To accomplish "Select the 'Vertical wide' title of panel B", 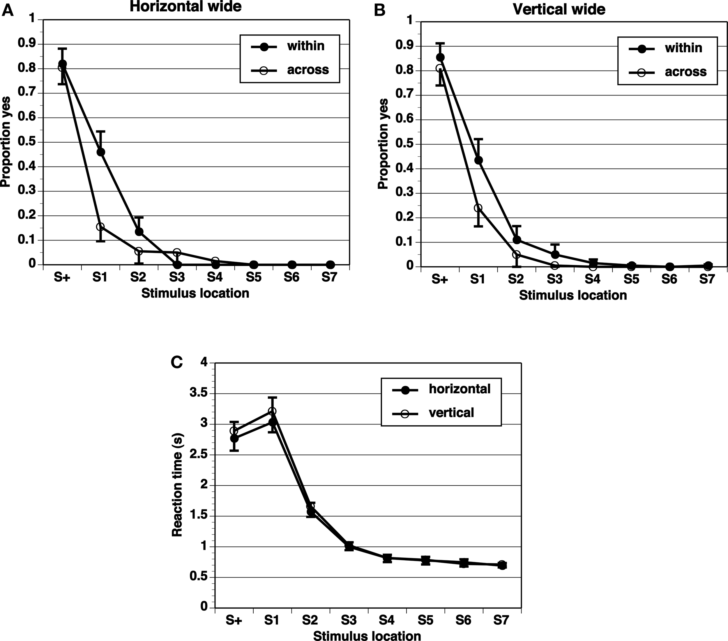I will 559,9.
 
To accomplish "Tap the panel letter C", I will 177,362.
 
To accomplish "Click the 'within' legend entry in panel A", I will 305,46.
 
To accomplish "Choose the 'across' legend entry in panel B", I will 685,72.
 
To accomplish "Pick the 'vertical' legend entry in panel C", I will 451,413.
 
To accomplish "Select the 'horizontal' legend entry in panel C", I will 460,389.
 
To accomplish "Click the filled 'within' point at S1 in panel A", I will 101,152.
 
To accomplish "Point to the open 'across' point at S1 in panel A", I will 100,226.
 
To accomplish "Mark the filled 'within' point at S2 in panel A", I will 139,232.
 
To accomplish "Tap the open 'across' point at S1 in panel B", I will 478,208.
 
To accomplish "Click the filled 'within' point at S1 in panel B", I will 479,160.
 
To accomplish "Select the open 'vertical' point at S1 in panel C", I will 272,411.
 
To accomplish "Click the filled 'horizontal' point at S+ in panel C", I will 234,438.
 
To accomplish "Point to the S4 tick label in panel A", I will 215,277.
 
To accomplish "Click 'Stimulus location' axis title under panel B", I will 573,295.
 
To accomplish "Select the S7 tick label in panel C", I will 501,620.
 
